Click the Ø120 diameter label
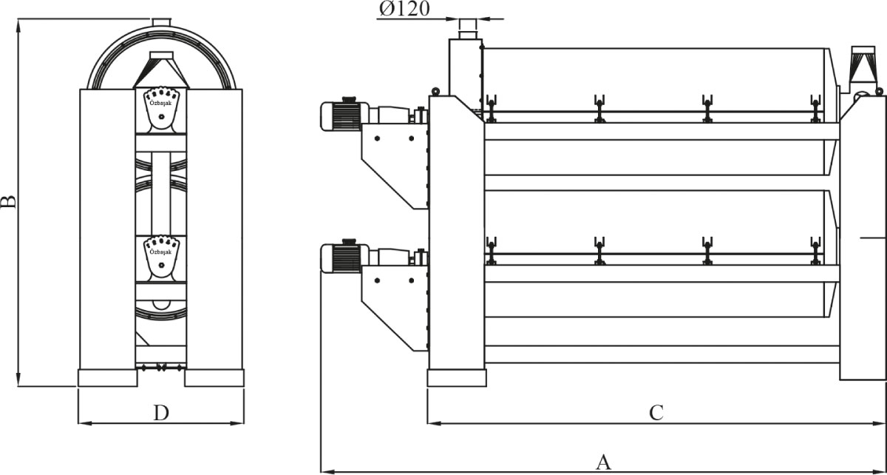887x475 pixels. point(404,9)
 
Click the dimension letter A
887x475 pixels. point(603,462)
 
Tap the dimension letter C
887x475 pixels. point(656,413)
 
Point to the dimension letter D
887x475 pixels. point(161,413)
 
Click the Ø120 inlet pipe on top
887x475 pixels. point(468,29)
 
